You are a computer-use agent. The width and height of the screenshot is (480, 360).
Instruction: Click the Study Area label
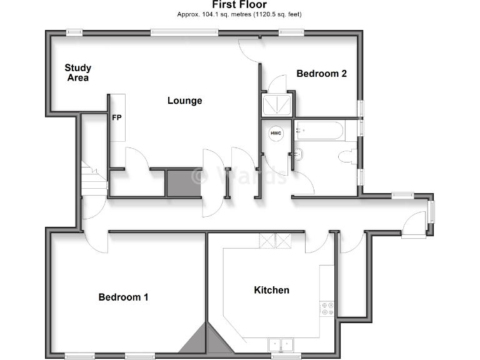(78, 72)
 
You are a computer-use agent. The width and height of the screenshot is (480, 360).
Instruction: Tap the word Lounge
(184, 101)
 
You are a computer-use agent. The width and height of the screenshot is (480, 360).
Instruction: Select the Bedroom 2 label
(321, 73)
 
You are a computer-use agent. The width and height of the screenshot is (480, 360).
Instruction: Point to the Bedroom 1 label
(123, 297)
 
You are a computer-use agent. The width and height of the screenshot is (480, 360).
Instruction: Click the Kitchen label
(271, 290)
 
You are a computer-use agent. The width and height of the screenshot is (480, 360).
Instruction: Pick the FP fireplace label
(117, 117)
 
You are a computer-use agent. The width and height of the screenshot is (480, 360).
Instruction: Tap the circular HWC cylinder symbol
(276, 133)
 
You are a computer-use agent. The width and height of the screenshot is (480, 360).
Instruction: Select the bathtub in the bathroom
(319, 130)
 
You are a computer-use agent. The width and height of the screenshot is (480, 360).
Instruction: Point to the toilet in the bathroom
(346, 157)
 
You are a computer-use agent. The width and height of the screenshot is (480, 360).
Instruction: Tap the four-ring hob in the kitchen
(327, 309)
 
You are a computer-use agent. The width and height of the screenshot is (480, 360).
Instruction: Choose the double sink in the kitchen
(281, 344)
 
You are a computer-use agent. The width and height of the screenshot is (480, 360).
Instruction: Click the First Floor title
(239, 5)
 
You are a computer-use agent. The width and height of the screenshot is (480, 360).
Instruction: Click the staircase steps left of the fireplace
(92, 178)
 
